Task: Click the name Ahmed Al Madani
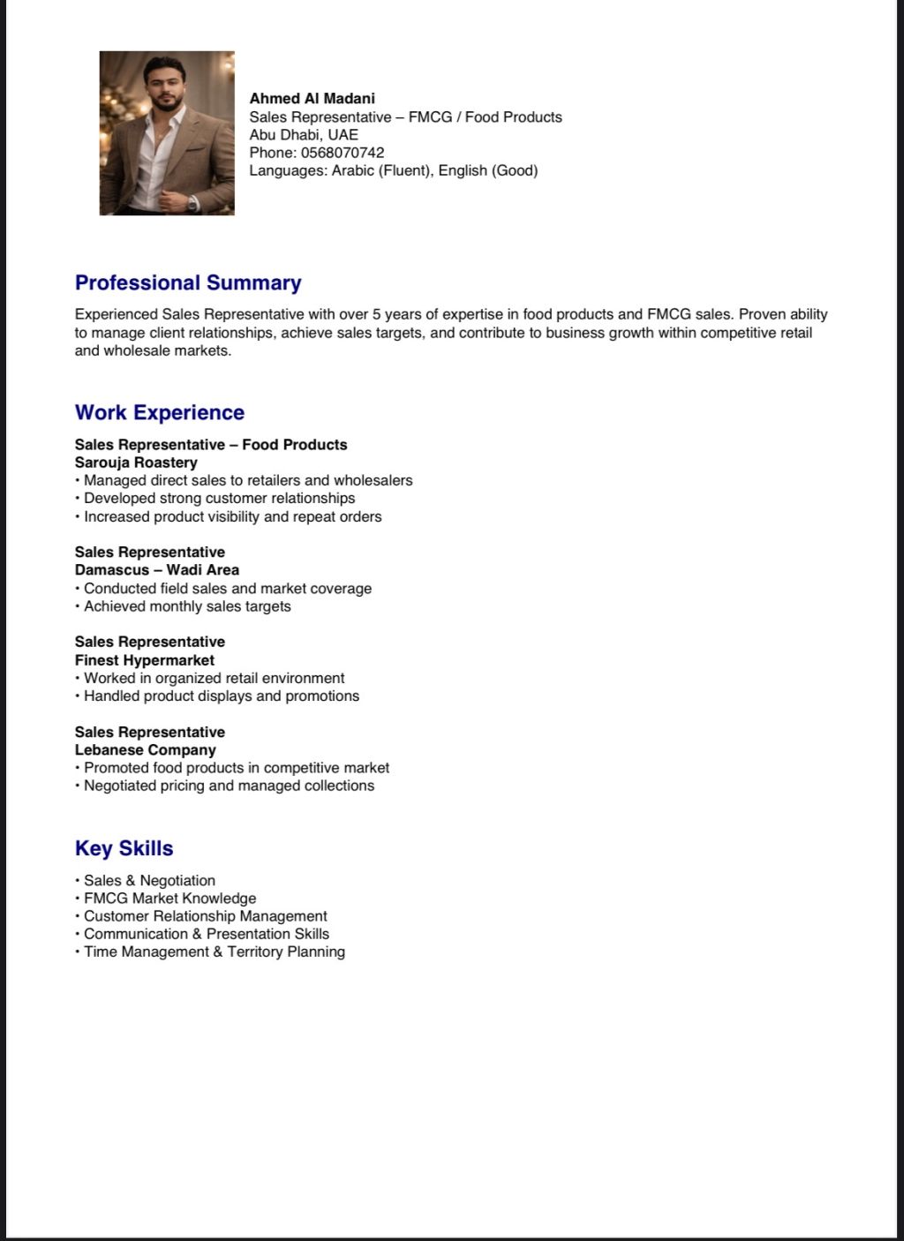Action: [312, 98]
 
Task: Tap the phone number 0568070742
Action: [342, 153]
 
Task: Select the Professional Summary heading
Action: [188, 282]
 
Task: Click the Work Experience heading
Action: [160, 412]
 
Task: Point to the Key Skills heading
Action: [124, 848]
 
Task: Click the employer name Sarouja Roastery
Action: [136, 463]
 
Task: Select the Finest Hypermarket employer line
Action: [145, 660]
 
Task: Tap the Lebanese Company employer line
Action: [146, 750]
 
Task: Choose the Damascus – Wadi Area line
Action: [157, 570]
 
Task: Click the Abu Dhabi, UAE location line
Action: [304, 135]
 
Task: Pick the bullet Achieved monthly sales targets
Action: [187, 606]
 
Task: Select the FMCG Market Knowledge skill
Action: [169, 899]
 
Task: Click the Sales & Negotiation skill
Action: [149, 881]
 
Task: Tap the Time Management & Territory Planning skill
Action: [214, 951]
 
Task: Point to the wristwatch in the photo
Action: [193, 202]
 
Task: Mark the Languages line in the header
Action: [393, 170]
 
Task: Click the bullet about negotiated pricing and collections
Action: [229, 786]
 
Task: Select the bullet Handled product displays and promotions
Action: [222, 696]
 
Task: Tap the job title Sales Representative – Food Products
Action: [211, 445]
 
